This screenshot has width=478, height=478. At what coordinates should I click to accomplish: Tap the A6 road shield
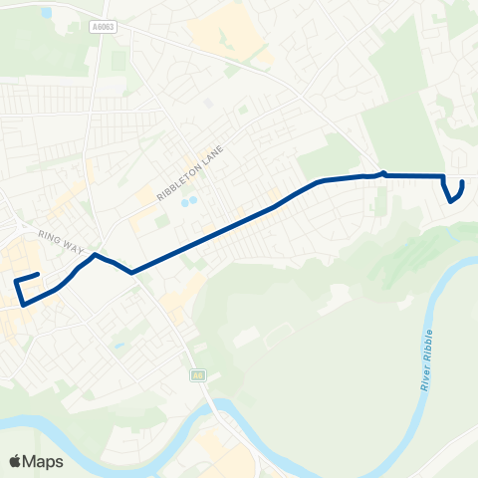198,375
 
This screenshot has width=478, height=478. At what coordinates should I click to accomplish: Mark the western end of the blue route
38,274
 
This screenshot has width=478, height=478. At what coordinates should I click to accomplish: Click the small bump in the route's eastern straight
382,173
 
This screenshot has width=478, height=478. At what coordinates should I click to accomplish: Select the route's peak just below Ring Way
95,256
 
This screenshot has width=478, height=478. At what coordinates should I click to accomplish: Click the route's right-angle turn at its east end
443,176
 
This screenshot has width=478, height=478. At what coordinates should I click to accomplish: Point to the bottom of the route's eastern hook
452,201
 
